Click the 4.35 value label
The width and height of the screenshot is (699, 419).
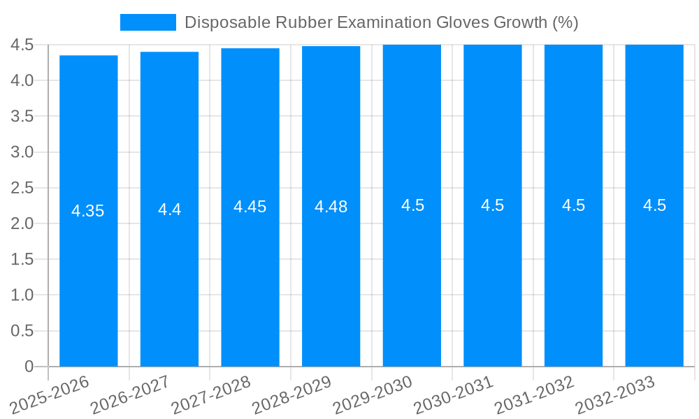click(x=88, y=211)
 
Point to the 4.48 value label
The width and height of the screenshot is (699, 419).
click(x=331, y=207)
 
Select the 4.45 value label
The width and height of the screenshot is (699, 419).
click(x=250, y=207)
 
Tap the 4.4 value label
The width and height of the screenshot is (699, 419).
click(x=169, y=209)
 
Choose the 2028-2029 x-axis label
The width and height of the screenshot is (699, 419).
click(x=291, y=394)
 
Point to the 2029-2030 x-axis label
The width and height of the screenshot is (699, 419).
click(x=373, y=394)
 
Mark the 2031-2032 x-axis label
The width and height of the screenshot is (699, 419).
click(x=535, y=394)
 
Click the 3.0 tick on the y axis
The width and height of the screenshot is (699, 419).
click(x=22, y=152)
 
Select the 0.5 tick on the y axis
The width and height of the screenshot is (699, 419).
click(x=22, y=331)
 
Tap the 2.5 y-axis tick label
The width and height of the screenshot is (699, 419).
click(x=22, y=188)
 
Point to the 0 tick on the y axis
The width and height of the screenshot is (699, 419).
click(x=29, y=367)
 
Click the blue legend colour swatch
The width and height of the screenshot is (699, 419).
click(x=148, y=22)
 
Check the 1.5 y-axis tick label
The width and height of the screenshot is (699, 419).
click(x=22, y=259)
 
